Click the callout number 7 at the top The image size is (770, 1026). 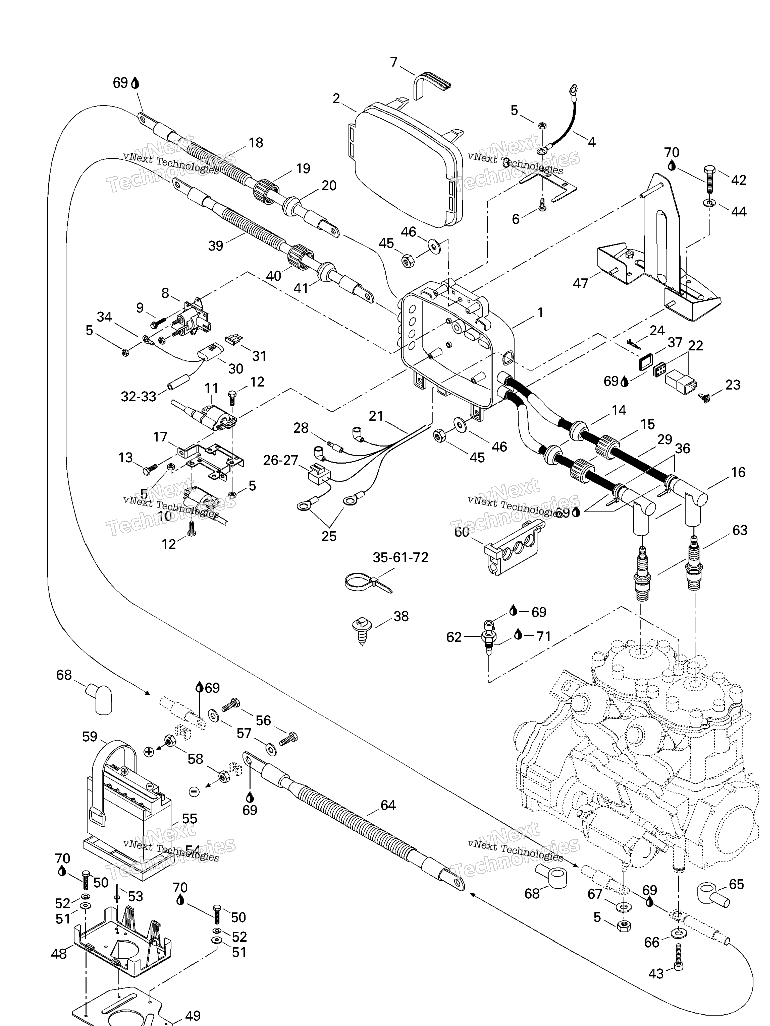point(394,62)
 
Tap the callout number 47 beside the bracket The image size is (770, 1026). point(580,283)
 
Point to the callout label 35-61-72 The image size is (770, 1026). point(401,557)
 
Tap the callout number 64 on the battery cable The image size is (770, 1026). point(388,805)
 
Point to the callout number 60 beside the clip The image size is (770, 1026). point(461,532)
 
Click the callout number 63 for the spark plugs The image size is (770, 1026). point(739,530)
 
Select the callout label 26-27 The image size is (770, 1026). point(280,460)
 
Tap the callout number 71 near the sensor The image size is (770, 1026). point(543,636)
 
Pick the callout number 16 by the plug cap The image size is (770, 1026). point(738,472)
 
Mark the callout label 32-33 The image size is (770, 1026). point(138,396)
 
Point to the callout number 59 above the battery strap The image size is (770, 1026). point(90,736)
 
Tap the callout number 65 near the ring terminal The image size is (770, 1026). point(736,884)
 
